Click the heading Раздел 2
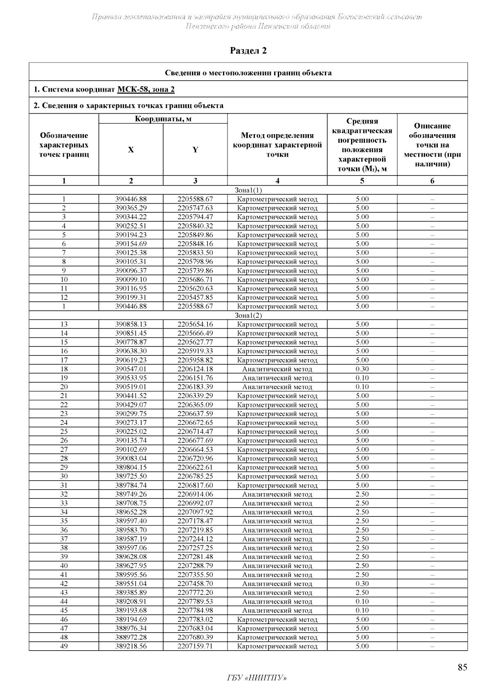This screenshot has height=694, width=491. tap(248, 51)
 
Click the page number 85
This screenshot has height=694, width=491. tap(462, 667)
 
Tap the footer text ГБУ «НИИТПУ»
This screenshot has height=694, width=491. tap(257, 678)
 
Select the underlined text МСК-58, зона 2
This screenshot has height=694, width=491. tap(146, 89)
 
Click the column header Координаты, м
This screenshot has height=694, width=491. tap(163, 119)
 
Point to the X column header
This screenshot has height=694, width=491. tap(131, 150)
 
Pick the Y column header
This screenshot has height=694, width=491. tap(195, 150)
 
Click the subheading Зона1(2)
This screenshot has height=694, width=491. tap(248, 315)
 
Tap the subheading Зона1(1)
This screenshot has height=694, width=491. tap(248, 190)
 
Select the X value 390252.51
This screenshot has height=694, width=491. tap(131, 226)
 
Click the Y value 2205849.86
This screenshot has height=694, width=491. tap(195, 235)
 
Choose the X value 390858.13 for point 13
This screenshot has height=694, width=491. tap(131, 324)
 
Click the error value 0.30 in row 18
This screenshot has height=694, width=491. tap(362, 369)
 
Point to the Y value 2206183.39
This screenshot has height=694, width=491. tap(195, 387)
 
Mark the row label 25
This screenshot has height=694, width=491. tap(64, 431)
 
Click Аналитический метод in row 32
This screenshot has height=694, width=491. tap(277, 494)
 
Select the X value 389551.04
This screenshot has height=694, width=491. tap(131, 584)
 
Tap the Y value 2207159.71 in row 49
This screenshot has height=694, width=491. tap(195, 646)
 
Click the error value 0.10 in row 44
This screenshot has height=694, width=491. tap(362, 602)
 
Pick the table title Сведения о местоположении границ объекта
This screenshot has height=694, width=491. tap(248, 73)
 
